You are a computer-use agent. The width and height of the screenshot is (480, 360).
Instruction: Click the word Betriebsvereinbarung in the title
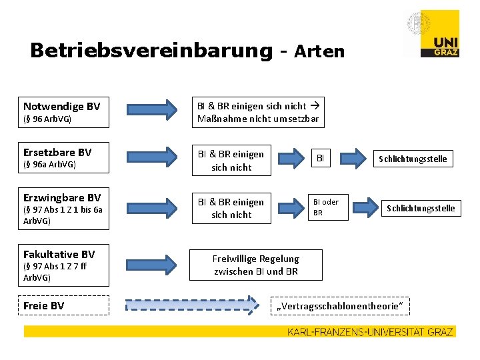(151, 51)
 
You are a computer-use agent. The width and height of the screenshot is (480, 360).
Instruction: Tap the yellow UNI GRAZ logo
(439, 33)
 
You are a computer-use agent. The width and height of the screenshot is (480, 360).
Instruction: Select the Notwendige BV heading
(62, 106)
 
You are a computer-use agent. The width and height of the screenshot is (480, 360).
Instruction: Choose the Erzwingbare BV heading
(62, 197)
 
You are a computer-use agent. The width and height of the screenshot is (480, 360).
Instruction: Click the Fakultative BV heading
(59, 254)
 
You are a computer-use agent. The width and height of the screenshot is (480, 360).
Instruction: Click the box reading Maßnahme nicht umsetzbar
(258, 113)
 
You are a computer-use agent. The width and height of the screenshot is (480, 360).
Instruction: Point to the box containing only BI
(320, 159)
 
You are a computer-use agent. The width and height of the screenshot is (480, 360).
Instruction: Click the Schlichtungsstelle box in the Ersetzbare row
(413, 159)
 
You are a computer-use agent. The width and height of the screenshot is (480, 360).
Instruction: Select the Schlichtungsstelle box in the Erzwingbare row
(421, 208)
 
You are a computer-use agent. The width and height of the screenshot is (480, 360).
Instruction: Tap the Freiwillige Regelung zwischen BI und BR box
(256, 265)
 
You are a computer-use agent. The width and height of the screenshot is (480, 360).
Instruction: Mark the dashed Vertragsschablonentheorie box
(340, 305)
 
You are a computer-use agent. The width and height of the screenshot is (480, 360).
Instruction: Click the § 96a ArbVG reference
(50, 164)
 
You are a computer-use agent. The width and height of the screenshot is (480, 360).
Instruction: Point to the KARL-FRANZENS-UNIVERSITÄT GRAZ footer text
(370, 331)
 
